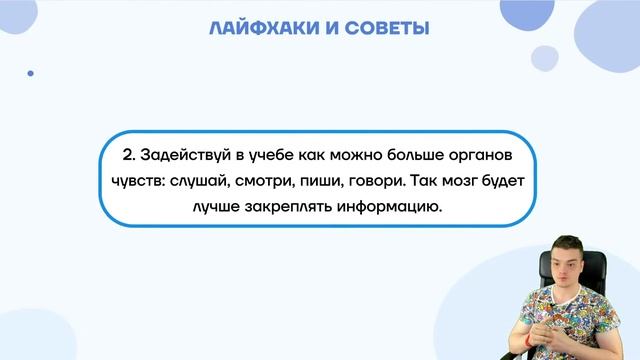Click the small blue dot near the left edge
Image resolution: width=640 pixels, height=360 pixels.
(x=30, y=73)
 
